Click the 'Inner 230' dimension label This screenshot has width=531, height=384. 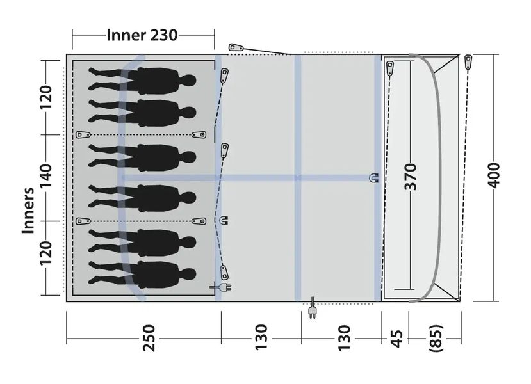click(142, 35)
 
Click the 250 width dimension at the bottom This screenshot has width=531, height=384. click(149, 338)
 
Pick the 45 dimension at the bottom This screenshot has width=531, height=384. click(396, 338)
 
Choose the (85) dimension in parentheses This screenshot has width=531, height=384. click(436, 338)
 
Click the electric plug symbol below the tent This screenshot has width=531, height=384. click(313, 310)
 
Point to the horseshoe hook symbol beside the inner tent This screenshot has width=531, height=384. click(224, 221)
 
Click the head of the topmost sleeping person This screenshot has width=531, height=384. click(188, 81)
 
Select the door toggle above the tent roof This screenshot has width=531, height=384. click(235, 47)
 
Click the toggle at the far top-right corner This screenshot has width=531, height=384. click(468, 62)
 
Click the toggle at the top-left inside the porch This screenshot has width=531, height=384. click(389, 67)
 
